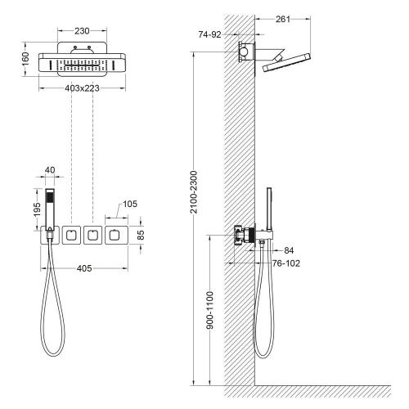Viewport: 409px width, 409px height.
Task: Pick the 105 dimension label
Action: pyautogui.click(x=130, y=204)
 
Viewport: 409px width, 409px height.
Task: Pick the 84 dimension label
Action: pyautogui.click(x=290, y=250)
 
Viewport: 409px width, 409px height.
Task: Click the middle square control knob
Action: pyautogui.click(x=92, y=236)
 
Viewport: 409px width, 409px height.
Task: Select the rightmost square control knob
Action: pyautogui.click(x=115, y=236)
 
